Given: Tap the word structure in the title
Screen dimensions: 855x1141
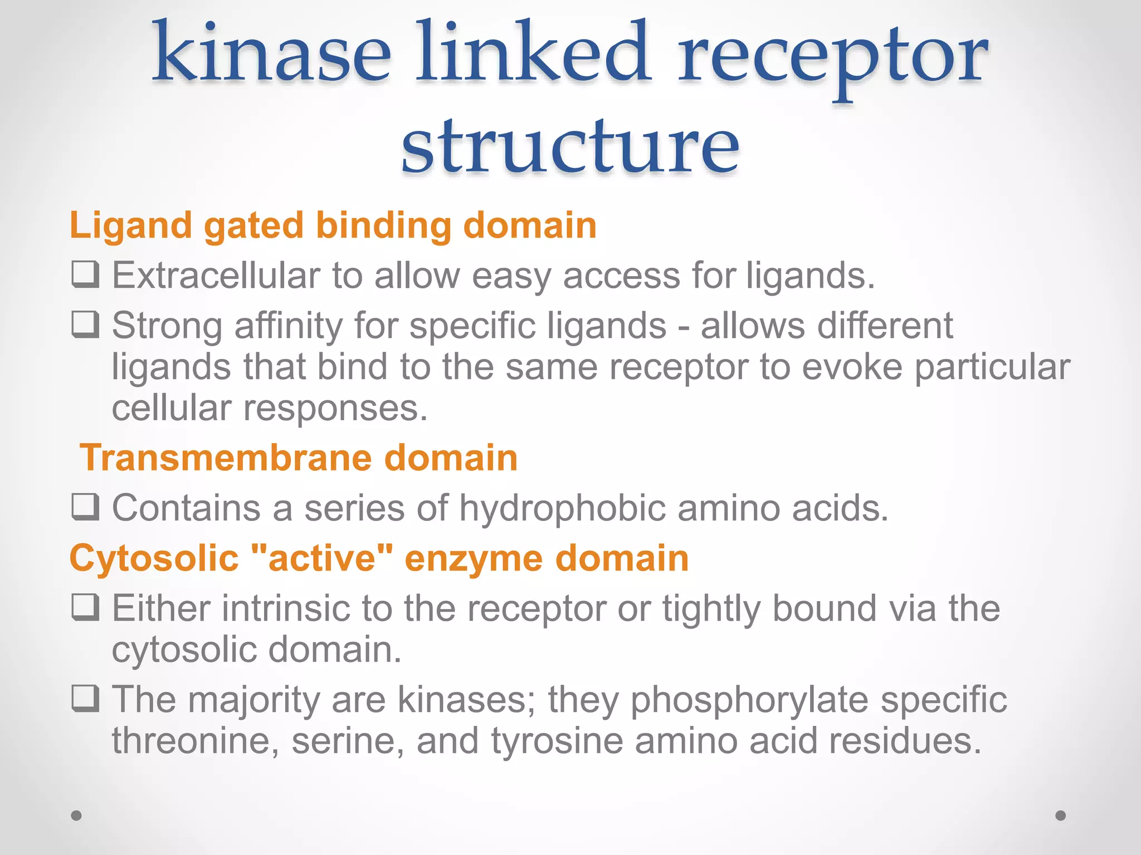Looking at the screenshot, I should click(x=570, y=146).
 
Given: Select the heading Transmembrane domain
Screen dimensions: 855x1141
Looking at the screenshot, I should click(x=299, y=458).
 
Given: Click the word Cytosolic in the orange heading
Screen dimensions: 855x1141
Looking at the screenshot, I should click(x=154, y=558).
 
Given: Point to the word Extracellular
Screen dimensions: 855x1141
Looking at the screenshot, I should click(x=216, y=275).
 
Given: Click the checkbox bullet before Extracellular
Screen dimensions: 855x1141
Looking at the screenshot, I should click(x=86, y=274).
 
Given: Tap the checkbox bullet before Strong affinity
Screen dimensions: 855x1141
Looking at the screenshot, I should click(x=86, y=325).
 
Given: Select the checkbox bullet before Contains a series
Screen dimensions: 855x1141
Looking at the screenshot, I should click(x=86, y=507).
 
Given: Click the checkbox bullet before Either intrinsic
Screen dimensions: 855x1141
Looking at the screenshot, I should click(x=86, y=607).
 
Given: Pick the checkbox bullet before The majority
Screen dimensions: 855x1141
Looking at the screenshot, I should click(x=86, y=699).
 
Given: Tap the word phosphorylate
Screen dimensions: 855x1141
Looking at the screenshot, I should click(x=749, y=700).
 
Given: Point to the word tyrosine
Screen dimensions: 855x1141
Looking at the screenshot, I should click(x=557, y=741).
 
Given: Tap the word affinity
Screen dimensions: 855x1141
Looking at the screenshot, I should click(x=288, y=325).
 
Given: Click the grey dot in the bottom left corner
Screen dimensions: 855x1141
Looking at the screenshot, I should click(x=76, y=815).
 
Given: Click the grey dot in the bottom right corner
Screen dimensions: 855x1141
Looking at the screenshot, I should click(x=1061, y=815).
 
